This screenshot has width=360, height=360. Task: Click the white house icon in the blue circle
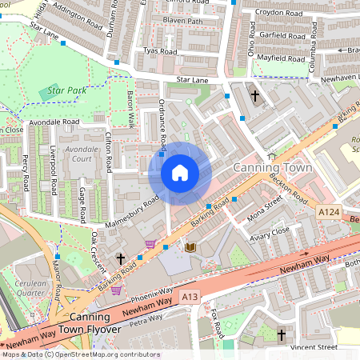point(179,172)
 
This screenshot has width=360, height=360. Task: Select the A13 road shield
point(190,296)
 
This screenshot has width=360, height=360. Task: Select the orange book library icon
point(190,248)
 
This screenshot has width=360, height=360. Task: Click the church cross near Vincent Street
point(281,334)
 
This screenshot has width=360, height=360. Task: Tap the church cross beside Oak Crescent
point(121,258)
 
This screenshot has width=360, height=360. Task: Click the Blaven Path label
point(183,20)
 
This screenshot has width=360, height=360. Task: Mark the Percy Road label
point(25,174)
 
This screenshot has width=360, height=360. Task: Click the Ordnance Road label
point(162,123)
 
